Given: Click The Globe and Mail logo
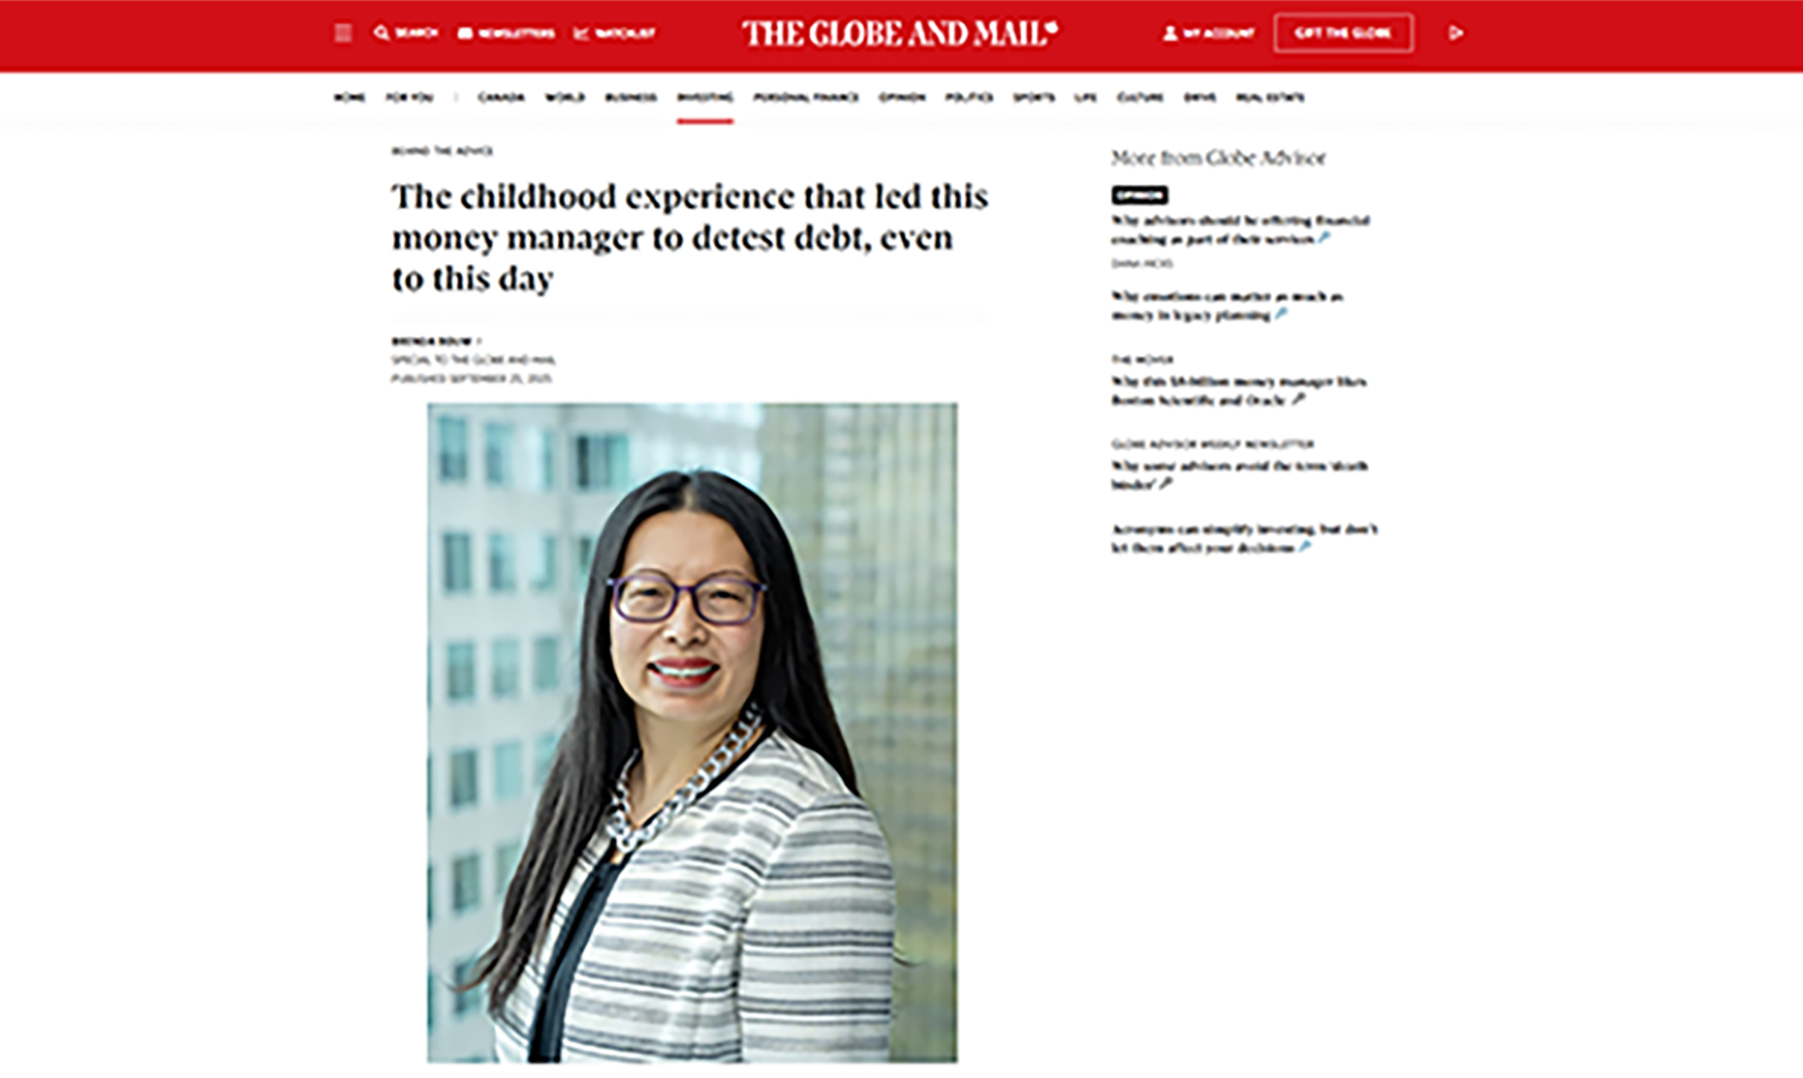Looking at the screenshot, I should pyautogui.click(x=899, y=34).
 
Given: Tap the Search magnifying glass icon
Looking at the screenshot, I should pyautogui.click(x=381, y=33).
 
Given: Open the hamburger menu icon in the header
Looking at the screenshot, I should pyautogui.click(x=343, y=34).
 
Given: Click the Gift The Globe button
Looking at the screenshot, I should pyautogui.click(x=1343, y=34).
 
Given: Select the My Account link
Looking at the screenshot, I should pyautogui.click(x=1209, y=34).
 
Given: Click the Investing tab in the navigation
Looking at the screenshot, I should pyautogui.click(x=705, y=98).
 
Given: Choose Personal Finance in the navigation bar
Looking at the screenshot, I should pyautogui.click(x=806, y=98).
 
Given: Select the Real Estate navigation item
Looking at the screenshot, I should pyautogui.click(x=1270, y=98).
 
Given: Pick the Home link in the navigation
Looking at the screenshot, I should pyautogui.click(x=349, y=98).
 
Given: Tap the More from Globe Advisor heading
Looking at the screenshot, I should pyautogui.click(x=1218, y=158).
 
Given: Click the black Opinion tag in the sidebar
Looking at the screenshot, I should pyautogui.click(x=1139, y=195).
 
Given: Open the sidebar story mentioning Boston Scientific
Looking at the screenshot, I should pyautogui.click(x=1239, y=391).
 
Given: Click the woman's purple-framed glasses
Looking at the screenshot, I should pyautogui.click(x=686, y=599).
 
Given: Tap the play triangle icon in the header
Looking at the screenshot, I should pyautogui.click(x=1456, y=34).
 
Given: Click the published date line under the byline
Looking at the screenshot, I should pyautogui.click(x=471, y=379).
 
